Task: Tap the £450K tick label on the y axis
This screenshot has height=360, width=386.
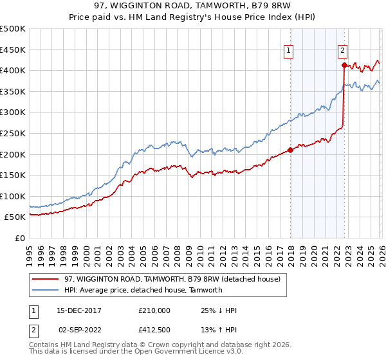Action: coord(12,50)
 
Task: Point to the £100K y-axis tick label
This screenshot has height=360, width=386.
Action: coord(12,196)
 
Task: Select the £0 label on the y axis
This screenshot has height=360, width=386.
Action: coord(19,238)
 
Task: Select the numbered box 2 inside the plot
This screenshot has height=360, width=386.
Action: coord(343,50)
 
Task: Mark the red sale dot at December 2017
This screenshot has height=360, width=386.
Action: coord(290,150)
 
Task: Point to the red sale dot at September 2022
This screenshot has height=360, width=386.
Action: coord(344,65)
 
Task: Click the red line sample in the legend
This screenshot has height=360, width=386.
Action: coord(45,279)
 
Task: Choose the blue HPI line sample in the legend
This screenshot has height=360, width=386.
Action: coord(45,290)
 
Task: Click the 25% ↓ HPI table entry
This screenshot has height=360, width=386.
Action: coord(219,310)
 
